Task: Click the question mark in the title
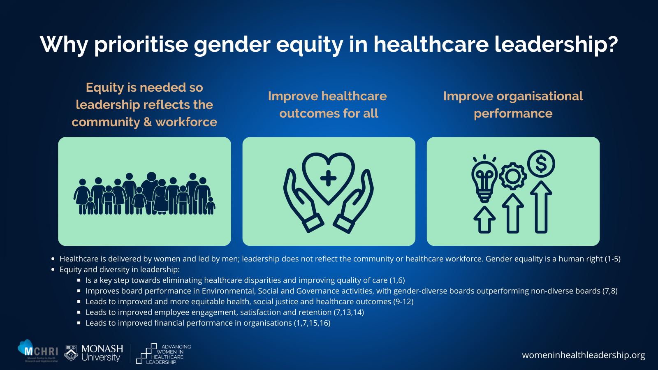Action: click(610, 44)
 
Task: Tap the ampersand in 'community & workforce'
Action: click(148, 122)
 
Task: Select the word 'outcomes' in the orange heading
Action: click(308, 113)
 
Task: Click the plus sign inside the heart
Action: click(329, 178)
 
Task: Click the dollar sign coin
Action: click(541, 164)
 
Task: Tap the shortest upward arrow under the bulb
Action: click(484, 220)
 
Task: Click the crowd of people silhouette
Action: click(144, 194)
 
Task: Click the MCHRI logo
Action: click(38, 351)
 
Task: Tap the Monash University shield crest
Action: click(71, 352)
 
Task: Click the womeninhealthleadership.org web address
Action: click(584, 355)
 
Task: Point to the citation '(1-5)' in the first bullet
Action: click(612, 259)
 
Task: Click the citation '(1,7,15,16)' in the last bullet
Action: click(312, 323)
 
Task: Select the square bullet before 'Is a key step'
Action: click(79, 280)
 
